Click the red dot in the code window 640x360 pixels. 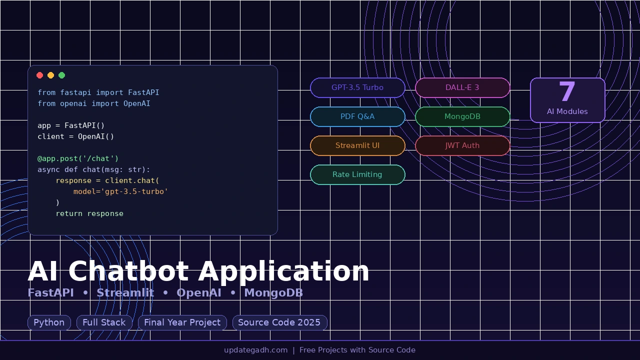[40, 75]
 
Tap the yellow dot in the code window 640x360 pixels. [51, 75]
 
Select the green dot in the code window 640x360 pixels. [62, 75]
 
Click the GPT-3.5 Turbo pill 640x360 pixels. [357, 87]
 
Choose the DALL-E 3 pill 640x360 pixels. [462, 87]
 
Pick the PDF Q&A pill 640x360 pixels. [357, 116]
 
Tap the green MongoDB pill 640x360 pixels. [462, 116]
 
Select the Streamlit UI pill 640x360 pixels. [357, 145]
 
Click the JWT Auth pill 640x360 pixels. [462, 145]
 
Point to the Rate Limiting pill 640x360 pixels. [357, 174]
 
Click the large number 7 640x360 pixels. [567, 92]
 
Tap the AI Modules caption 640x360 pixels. [567, 111]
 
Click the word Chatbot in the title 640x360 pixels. [132, 271]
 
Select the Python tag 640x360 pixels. [49, 322]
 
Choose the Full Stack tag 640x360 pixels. [104, 322]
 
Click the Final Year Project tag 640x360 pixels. [182, 322]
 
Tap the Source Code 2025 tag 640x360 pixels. [279, 322]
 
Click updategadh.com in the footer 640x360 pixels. [255, 350]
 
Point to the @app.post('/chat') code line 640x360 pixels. [78, 158]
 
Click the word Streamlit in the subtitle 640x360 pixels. [125, 293]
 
